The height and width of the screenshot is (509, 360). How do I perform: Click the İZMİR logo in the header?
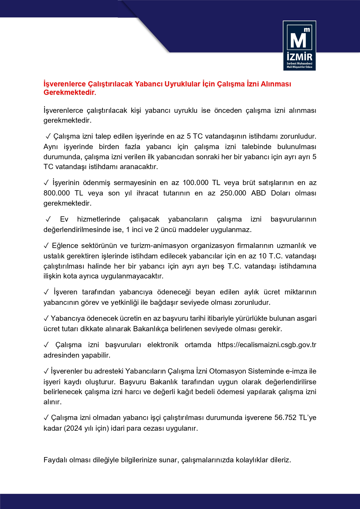299,46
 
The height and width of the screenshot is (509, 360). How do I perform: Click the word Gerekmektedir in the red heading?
70,93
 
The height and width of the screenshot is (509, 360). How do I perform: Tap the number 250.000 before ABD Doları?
233,193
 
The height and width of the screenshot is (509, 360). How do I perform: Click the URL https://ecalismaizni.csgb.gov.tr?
267,345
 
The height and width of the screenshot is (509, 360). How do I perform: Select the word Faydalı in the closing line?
55,460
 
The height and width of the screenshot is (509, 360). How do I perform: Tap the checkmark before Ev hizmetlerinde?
48,219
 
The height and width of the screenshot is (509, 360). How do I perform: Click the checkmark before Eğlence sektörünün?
46,246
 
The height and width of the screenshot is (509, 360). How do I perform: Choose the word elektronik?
163,345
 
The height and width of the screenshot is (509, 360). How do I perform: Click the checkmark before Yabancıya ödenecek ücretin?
46,319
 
